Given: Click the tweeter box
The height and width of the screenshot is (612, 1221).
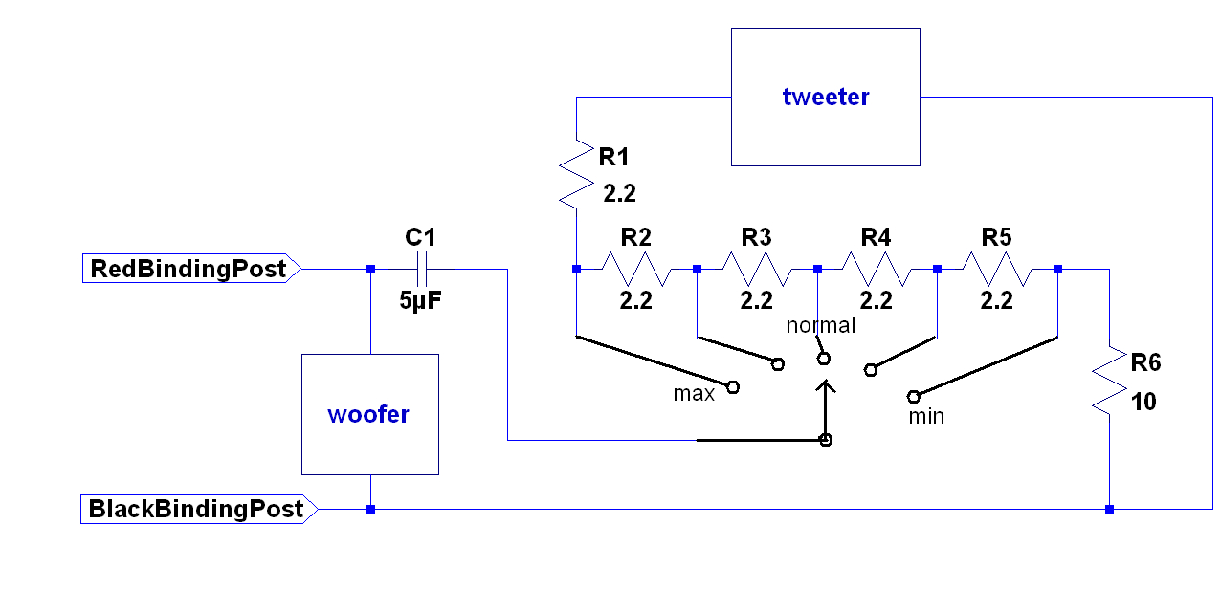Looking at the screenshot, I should click(x=825, y=97).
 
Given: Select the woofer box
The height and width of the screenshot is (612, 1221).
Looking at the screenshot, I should click(x=369, y=414).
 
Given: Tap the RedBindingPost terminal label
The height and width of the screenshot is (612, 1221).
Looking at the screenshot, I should click(x=189, y=269).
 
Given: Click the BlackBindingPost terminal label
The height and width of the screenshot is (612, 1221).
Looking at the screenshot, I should click(x=197, y=509).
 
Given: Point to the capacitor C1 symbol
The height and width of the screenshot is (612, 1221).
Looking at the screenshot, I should click(x=421, y=269).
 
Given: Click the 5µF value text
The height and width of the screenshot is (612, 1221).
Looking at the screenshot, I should click(x=421, y=300).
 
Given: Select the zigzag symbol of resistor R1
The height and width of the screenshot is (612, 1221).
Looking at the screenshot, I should click(x=576, y=173).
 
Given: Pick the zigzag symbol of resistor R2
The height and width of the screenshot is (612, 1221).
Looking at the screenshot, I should click(x=636, y=269).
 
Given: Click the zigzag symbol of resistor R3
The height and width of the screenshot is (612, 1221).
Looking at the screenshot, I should click(x=757, y=269).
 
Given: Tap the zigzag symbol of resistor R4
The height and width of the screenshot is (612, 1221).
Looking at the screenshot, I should click(x=877, y=269).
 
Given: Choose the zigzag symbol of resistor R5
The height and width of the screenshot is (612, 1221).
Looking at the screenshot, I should click(x=997, y=269).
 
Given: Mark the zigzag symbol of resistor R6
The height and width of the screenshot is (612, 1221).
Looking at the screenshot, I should click(x=1109, y=380).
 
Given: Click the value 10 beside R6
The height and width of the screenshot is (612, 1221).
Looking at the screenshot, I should click(x=1143, y=402).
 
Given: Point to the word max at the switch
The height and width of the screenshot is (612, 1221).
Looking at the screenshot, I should click(x=694, y=393).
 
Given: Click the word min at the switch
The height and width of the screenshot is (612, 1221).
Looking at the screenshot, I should click(x=925, y=416).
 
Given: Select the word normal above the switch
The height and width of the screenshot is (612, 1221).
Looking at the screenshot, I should click(x=820, y=325).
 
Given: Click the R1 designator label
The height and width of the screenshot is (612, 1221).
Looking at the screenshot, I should click(x=613, y=156).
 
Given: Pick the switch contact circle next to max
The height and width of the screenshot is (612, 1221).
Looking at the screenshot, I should click(x=733, y=386).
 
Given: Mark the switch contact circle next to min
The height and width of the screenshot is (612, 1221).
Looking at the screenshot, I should click(x=913, y=395).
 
